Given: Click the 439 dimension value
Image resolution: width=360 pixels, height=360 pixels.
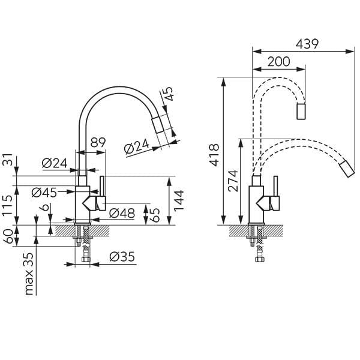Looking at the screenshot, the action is [x=307, y=44].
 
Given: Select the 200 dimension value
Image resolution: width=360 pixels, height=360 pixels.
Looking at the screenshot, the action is [x=279, y=62].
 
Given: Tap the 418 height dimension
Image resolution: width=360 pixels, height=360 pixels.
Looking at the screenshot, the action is [x=215, y=155].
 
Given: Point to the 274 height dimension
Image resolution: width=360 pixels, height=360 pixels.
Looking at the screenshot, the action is [x=233, y=181].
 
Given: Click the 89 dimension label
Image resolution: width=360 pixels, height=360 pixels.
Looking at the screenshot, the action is [x=98, y=143].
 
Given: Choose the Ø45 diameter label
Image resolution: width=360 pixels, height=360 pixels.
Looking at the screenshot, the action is [x=44, y=193].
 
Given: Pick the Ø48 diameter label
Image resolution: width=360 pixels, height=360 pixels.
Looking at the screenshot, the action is [x=122, y=213].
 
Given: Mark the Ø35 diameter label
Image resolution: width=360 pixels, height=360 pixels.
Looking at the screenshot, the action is [x=122, y=257].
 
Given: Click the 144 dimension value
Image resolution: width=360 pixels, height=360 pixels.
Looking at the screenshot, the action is [x=179, y=200].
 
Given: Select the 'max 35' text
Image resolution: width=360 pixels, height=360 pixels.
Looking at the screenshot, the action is [x=29, y=274].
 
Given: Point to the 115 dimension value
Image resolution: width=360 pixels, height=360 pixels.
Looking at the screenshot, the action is [x=7, y=205].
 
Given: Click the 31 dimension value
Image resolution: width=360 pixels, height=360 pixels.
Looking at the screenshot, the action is [x=7, y=160].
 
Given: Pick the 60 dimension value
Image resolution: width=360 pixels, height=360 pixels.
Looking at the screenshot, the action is [x=8, y=236].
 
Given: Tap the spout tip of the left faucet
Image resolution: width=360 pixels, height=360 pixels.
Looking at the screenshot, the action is [x=158, y=125].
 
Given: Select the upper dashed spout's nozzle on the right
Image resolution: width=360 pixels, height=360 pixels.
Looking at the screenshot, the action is [x=301, y=112].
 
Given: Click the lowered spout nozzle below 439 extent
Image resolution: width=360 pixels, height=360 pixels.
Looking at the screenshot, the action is [x=347, y=169].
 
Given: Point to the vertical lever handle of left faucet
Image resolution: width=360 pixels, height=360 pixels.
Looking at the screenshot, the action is [x=102, y=187].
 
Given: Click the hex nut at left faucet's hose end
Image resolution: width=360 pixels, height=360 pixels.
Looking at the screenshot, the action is [x=86, y=259].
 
